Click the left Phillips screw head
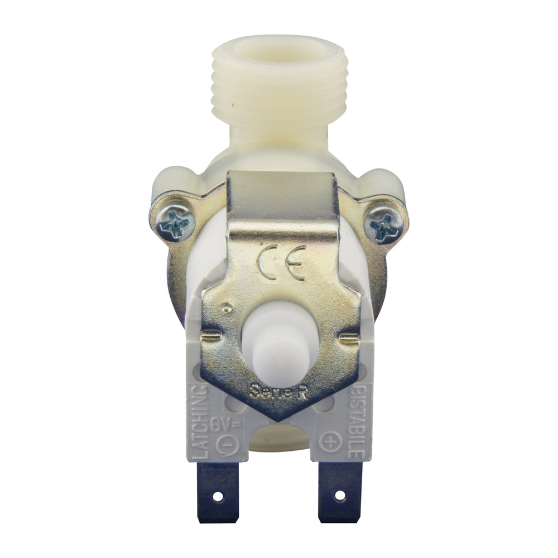point(174,224)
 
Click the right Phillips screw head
point(384,228)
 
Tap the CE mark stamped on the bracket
point(282,262)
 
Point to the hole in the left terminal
point(218,496)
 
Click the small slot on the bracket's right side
point(349,338)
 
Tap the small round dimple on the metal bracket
point(226,307)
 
